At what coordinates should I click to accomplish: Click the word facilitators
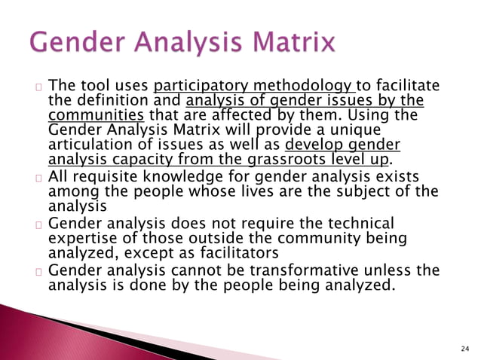click(x=219, y=252)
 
